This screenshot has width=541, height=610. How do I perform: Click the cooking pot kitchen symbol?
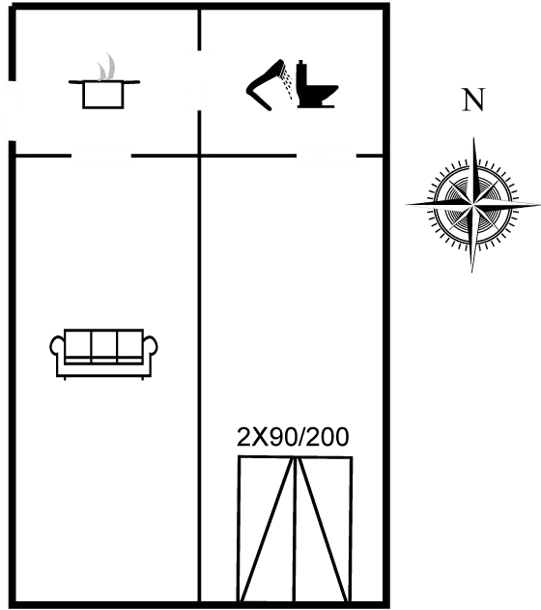[x=103, y=94]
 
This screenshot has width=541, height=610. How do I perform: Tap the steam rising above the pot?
[x=107, y=67]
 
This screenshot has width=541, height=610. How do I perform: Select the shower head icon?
[x=265, y=85]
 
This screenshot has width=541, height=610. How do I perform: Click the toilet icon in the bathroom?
[x=316, y=84]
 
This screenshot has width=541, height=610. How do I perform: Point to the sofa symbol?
[x=103, y=354]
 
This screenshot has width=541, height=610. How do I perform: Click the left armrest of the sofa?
[x=57, y=346]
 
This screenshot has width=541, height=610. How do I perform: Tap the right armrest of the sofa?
[x=151, y=346]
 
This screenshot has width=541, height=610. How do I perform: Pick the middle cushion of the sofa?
[x=103, y=346]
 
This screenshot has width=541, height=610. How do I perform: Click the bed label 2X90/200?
[x=293, y=437]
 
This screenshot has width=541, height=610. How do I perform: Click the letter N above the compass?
[x=473, y=100]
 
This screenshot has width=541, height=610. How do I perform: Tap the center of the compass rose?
[x=473, y=204]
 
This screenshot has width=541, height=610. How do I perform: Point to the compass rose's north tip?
[x=473, y=137]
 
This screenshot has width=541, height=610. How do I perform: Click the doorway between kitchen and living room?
[x=101, y=156]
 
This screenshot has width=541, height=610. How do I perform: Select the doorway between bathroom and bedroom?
[x=327, y=156]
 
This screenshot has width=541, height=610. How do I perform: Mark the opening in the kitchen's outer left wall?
[x=11, y=110]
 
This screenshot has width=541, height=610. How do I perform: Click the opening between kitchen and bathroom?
[x=199, y=80]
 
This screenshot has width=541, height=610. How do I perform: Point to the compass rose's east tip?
[x=539, y=203]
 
